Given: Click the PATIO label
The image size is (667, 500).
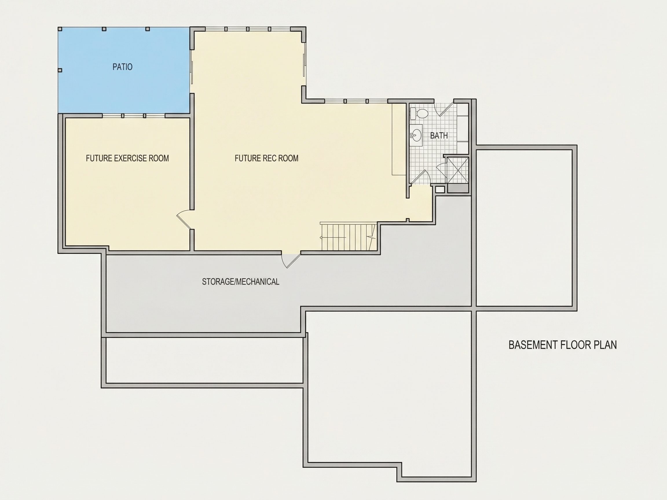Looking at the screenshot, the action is click(122, 67).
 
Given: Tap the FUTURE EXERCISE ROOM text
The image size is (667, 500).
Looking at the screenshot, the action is click(127, 158).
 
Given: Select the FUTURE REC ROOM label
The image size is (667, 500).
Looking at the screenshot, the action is click(267, 158).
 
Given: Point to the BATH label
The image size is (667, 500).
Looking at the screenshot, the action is click(439, 136).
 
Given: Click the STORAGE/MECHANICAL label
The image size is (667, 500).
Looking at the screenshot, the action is click(241, 282).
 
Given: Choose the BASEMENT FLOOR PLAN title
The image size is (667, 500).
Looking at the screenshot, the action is click(563, 345).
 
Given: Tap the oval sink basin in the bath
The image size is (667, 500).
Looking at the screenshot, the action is click(417, 135).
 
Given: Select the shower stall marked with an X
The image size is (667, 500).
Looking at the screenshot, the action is click(458, 170).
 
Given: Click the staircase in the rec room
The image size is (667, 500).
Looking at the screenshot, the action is click(348, 237).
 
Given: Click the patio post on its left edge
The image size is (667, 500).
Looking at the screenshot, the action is click(60, 70).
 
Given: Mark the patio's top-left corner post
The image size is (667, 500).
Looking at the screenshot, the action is click(60, 29).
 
